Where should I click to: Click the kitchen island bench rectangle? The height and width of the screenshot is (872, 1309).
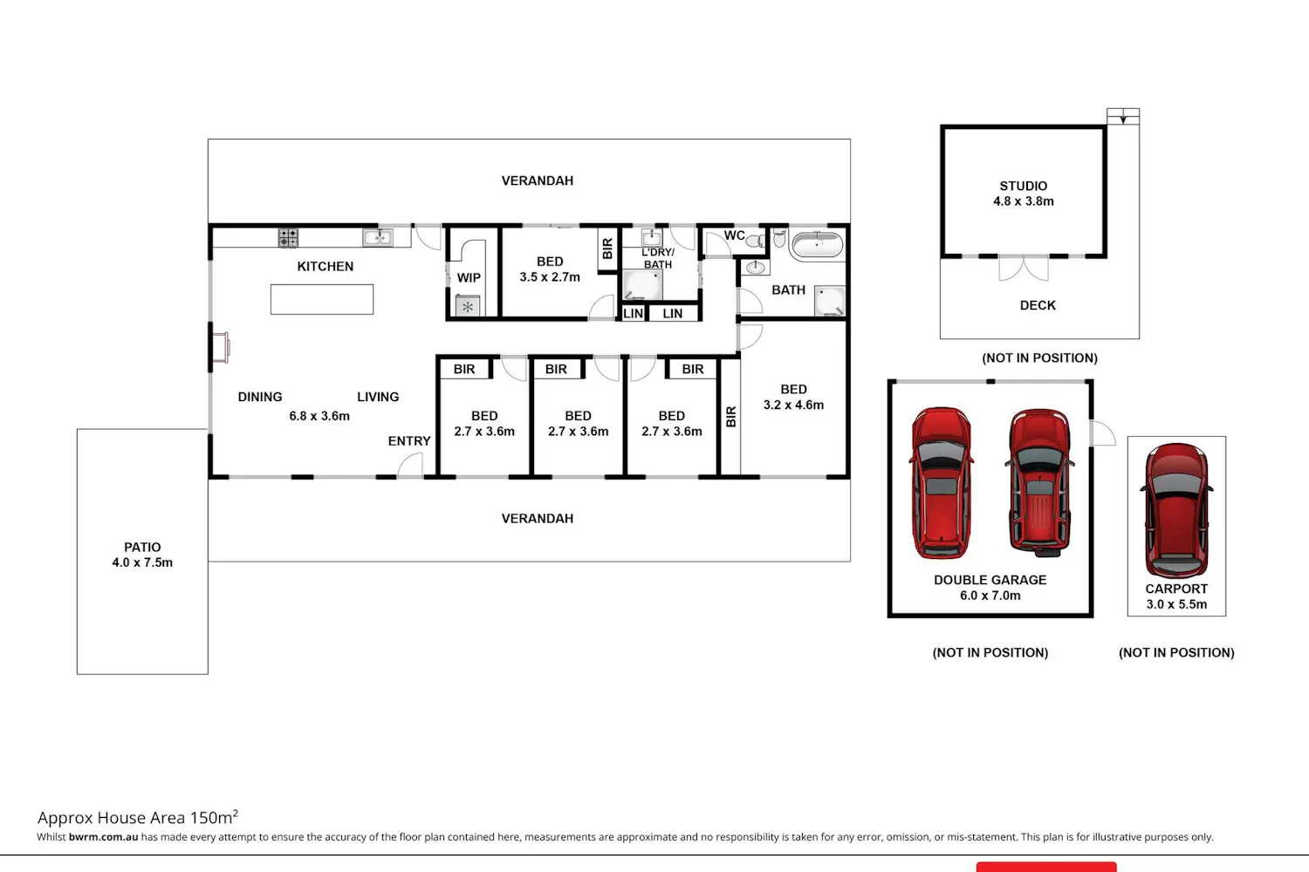click(x=322, y=300)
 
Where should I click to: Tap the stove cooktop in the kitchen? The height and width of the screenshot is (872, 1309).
click(x=287, y=238)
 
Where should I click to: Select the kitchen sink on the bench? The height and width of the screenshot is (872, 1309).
click(x=378, y=237)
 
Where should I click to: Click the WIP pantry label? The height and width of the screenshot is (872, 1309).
click(x=469, y=278)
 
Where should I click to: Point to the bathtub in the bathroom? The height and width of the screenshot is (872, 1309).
click(x=818, y=245)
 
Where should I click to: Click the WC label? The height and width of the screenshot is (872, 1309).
click(x=735, y=235)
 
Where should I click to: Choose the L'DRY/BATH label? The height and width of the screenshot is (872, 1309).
click(x=658, y=258)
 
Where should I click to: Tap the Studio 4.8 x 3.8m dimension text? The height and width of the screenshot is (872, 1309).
click(x=1024, y=201)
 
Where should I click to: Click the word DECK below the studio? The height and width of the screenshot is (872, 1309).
click(x=1038, y=305)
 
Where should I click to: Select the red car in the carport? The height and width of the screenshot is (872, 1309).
click(x=1176, y=510)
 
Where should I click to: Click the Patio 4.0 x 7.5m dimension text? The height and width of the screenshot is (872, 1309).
click(x=142, y=562)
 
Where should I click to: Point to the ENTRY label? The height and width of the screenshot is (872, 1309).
click(x=409, y=441)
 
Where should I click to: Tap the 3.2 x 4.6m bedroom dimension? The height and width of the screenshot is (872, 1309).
click(x=793, y=405)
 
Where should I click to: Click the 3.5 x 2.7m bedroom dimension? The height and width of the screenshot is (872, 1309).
click(x=550, y=276)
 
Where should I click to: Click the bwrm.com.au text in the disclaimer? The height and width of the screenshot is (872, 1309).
click(x=104, y=836)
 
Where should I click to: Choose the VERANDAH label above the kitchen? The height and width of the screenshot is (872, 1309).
click(x=537, y=181)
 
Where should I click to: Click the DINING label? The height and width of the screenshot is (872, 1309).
click(x=260, y=397)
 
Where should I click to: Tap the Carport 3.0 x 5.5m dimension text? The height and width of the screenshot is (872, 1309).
click(x=1176, y=604)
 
